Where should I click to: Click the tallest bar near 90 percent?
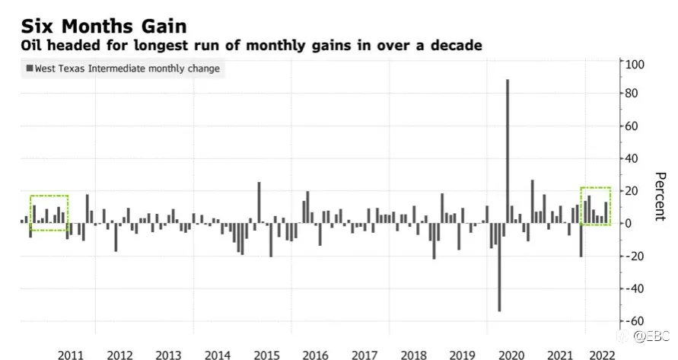click(508, 151)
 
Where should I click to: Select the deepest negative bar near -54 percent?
click(499, 267)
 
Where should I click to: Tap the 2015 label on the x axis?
click(266, 355)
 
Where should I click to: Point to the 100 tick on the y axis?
click(635, 65)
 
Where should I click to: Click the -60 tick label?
click(635, 321)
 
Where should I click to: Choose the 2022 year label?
click(602, 355)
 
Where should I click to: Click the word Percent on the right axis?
click(660, 196)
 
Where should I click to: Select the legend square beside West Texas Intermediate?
click(30, 68)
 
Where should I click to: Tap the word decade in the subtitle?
click(456, 45)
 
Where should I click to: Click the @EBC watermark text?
click(651, 336)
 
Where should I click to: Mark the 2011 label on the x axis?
click(71, 355)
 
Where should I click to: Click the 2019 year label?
click(462, 355)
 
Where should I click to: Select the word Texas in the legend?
click(74, 68)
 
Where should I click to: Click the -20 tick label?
click(635, 256)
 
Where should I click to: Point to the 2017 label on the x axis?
click(364, 355)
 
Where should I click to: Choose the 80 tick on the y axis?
click(632, 93)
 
